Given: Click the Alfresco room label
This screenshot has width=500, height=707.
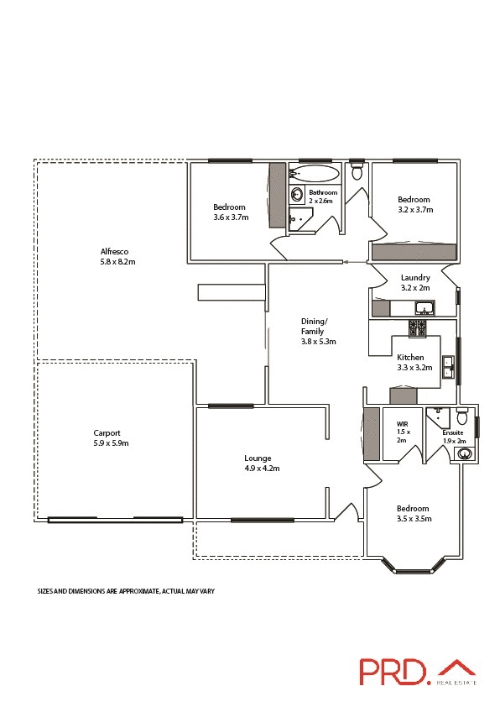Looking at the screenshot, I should [x=114, y=252].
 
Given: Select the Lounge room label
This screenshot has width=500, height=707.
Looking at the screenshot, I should [x=258, y=458].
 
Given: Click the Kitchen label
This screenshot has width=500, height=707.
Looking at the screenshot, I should [x=411, y=357].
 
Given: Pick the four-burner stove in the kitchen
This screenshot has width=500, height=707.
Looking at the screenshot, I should [x=417, y=328].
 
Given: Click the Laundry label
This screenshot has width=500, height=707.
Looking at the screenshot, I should [x=415, y=278].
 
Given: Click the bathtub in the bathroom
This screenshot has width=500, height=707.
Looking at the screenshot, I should [x=315, y=174].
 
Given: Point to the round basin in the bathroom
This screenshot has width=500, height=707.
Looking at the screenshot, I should [x=297, y=195].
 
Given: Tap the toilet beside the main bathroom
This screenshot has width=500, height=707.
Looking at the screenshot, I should [x=357, y=173].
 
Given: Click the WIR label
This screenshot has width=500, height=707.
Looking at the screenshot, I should [x=401, y=425].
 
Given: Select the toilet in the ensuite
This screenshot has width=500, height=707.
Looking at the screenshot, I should [x=461, y=416].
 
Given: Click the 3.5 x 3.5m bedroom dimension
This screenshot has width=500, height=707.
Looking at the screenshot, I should [x=412, y=519].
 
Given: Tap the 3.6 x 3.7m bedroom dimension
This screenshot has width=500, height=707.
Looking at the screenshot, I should [x=231, y=217].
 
